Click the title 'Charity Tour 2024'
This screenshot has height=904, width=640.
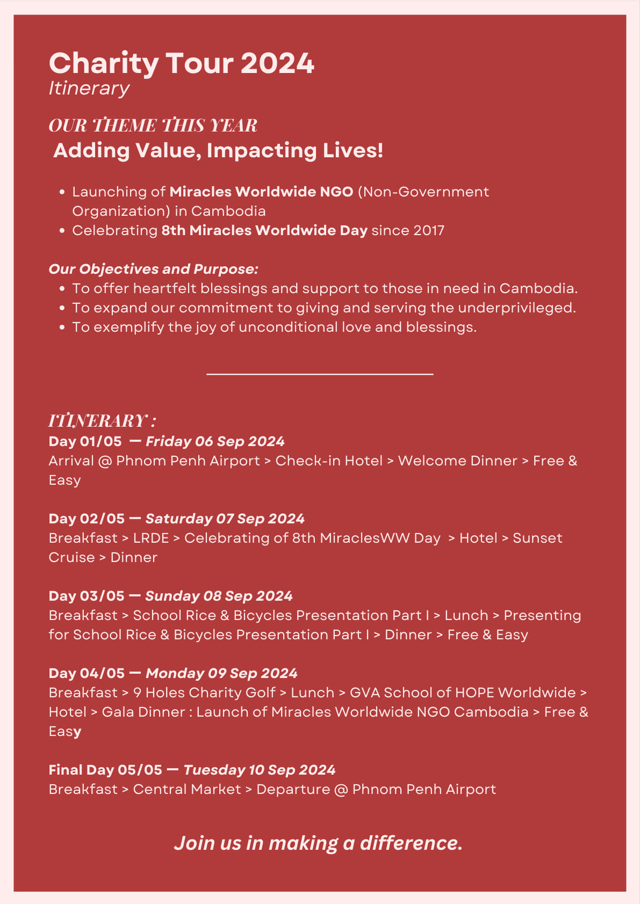[x=181, y=63]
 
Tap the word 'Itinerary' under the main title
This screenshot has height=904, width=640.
[x=89, y=88]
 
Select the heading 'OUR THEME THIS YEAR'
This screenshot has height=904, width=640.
[x=153, y=126]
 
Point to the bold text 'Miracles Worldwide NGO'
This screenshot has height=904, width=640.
[x=261, y=192]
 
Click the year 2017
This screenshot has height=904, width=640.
[x=429, y=230]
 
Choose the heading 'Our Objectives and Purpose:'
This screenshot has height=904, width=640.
[x=153, y=269]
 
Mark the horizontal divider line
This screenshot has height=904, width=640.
[x=320, y=374]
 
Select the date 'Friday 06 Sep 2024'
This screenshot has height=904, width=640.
[x=215, y=441]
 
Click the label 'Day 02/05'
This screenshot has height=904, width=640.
[x=86, y=519]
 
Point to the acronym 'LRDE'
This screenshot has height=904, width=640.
[x=151, y=538]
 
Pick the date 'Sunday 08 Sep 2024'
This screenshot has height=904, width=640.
[x=219, y=596]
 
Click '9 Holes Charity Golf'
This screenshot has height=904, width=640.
[x=204, y=692]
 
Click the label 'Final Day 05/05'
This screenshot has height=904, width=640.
[x=105, y=770]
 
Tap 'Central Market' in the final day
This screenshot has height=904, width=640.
[x=187, y=789]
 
